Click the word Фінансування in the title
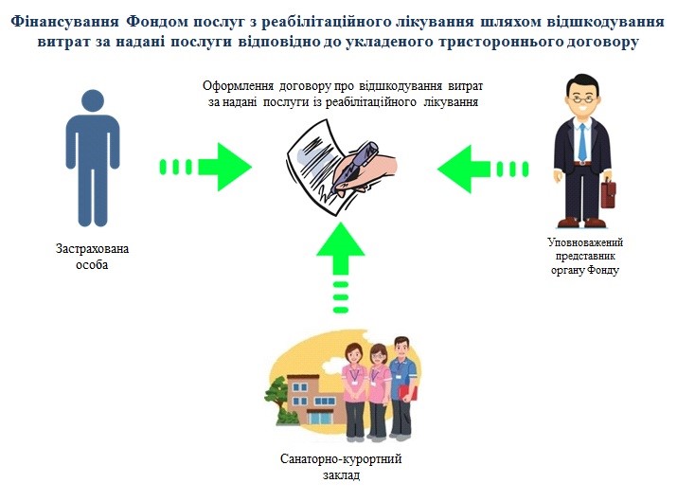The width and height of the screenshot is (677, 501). (x=64, y=22)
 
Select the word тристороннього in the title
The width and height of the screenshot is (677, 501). (x=498, y=43)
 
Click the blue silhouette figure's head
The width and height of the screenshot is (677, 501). (x=93, y=100)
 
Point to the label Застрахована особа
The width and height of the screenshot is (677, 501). (x=92, y=257)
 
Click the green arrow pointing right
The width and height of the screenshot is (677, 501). (x=205, y=167)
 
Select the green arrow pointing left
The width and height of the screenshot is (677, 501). (x=483, y=169)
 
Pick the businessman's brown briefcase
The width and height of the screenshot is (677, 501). (x=609, y=194)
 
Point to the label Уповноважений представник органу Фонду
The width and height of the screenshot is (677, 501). (x=585, y=256)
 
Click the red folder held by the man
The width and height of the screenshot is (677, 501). (x=408, y=393)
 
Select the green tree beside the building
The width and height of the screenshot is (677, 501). (x=277, y=400)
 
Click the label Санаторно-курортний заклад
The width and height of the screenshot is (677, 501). (x=341, y=467)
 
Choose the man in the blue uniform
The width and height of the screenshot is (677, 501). (x=402, y=387)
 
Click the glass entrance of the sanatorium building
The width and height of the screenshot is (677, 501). (x=320, y=419)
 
